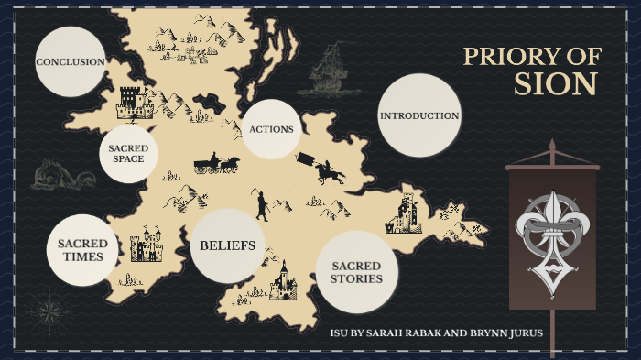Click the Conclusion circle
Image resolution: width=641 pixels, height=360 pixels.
pos(71,61)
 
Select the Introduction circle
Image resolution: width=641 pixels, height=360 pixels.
pos(419,115)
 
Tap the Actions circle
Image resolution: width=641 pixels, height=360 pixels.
pos(271,129)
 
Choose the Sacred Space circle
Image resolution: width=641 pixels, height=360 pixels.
pos(128,153)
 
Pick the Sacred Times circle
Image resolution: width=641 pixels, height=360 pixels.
pos(82,250)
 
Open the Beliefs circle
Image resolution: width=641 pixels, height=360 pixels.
pos(228,245)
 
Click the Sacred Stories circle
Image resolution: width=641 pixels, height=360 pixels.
pos(356,272)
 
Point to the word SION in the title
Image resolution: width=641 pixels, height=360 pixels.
pos(555,85)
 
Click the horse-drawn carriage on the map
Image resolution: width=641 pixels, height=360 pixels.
pos(216,164)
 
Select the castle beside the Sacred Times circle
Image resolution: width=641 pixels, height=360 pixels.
pos(145,246)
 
